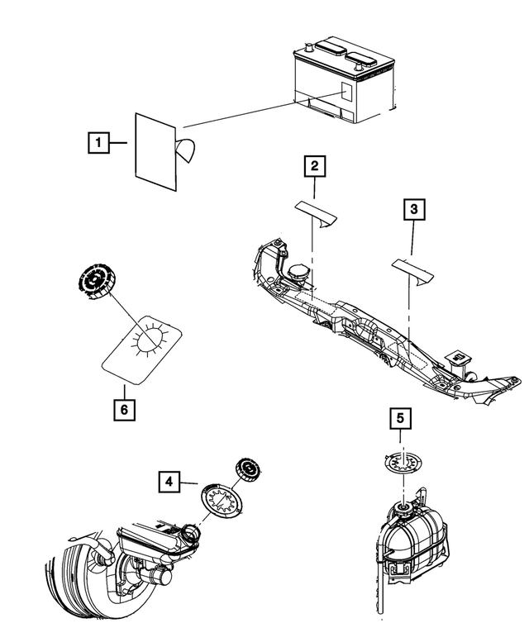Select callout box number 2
(313, 167)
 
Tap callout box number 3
(415, 210)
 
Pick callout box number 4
(168, 480)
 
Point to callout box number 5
(400, 420)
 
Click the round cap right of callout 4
(247, 468)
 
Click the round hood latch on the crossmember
(298, 273)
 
